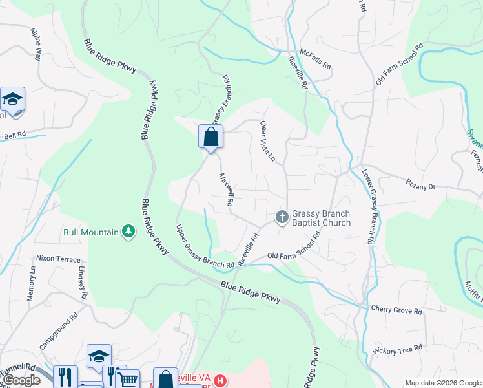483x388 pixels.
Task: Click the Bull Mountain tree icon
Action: (128, 232)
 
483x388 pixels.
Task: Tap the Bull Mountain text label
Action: (90, 232)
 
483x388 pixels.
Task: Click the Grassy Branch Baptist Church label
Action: (321, 218)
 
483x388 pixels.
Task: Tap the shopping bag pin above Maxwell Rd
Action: (211, 137)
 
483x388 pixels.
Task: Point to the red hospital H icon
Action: (221, 380)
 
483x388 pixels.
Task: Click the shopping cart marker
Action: (128, 380)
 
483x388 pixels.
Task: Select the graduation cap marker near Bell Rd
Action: (12, 99)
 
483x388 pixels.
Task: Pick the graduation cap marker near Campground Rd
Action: (99, 356)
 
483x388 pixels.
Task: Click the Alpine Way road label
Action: (37, 45)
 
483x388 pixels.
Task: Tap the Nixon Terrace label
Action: (58, 258)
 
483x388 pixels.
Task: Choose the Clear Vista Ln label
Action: (267, 141)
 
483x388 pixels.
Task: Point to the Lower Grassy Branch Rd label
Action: (367, 206)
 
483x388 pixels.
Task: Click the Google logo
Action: (22, 380)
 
